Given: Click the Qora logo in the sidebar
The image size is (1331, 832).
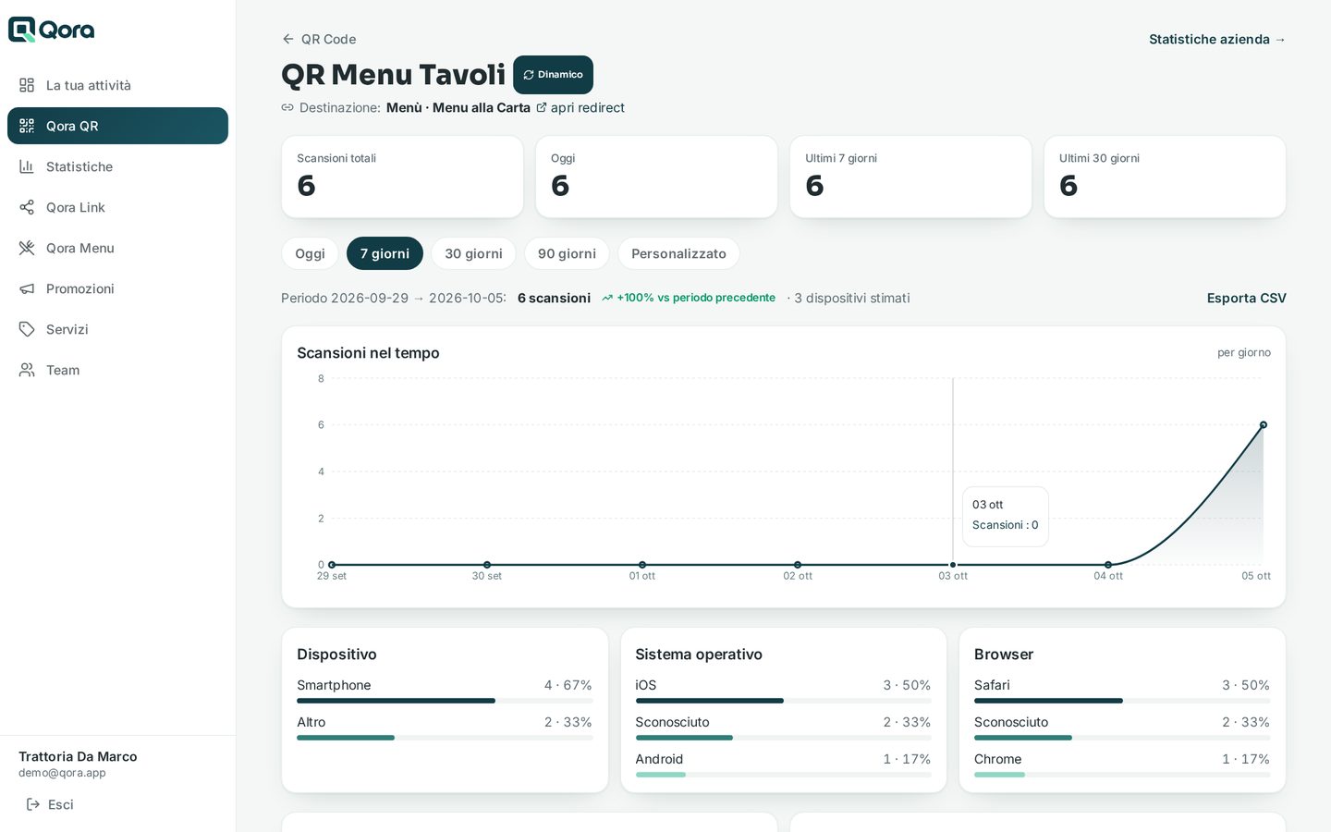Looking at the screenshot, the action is pyautogui.click(x=51, y=30).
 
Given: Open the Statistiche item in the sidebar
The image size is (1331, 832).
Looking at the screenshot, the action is pyautogui.click(x=79, y=166).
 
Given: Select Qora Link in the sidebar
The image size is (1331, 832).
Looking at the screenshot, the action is pyautogui.click(x=76, y=207).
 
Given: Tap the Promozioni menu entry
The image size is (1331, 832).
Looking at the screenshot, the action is pyautogui.click(x=79, y=288).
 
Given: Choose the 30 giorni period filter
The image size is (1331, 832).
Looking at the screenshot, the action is pyautogui.click(x=473, y=253).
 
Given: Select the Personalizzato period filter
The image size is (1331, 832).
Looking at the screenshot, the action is pyautogui.click(x=678, y=253).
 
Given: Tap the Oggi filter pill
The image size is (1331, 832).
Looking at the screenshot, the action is pyautogui.click(x=311, y=253).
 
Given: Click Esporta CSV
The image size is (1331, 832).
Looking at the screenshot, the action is pyautogui.click(x=1246, y=298).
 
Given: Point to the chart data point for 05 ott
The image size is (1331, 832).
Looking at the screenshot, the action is pyautogui.click(x=1264, y=425).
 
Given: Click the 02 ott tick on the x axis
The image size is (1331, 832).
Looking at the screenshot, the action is pyautogui.click(x=798, y=576).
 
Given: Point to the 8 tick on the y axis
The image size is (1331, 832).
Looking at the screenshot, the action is pyautogui.click(x=321, y=379).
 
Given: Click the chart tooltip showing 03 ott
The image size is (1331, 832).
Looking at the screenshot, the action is pyautogui.click(x=1006, y=515).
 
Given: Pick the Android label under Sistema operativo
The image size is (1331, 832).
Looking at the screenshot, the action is pyautogui.click(x=659, y=759).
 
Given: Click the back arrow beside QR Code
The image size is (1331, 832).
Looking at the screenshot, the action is pyautogui.click(x=288, y=39).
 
